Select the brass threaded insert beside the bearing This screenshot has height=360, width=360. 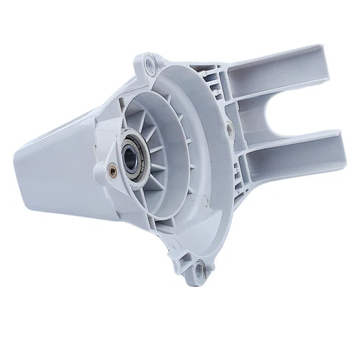point(112,171)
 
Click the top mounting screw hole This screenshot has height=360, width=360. point(150,66)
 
